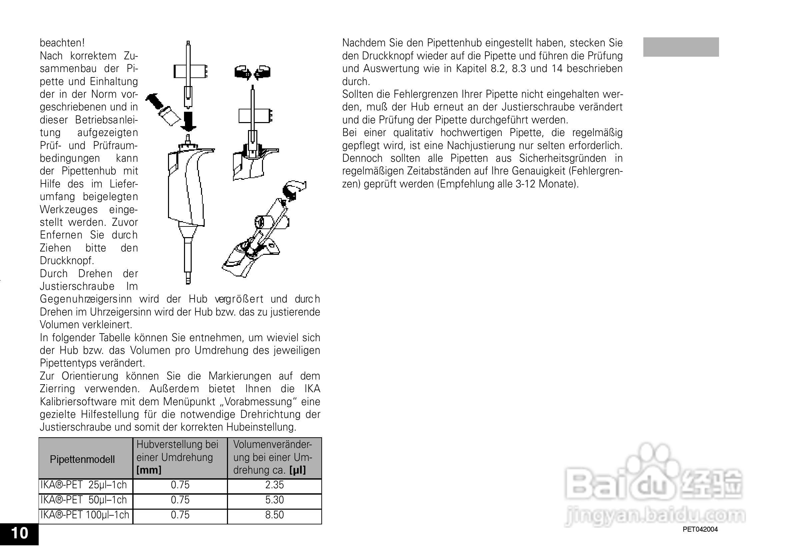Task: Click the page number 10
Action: tap(20, 533)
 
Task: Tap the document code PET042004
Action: tap(700, 529)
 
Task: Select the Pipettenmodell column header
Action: tap(82, 460)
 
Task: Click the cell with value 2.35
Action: tap(275, 485)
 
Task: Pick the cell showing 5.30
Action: tap(275, 500)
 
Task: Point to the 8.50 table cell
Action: tap(275, 515)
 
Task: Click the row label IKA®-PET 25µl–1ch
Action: tap(84, 485)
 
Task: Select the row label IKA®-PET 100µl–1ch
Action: tap(85, 515)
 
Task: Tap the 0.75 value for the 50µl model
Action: tap(180, 500)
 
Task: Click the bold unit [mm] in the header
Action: tap(149, 470)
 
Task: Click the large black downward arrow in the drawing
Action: tap(188, 121)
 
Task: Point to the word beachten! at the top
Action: tap(62, 43)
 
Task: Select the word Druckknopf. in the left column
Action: tap(67, 260)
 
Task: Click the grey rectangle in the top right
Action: tap(681, 47)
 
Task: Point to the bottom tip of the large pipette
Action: tap(188, 282)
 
